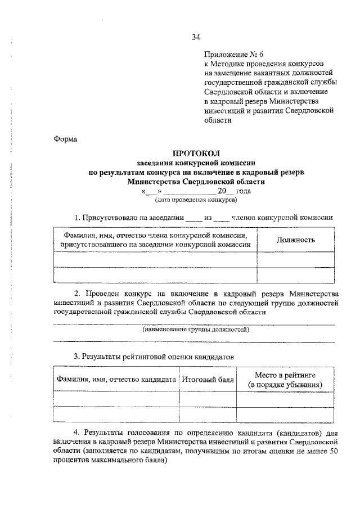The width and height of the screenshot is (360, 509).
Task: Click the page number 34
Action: click(196, 38)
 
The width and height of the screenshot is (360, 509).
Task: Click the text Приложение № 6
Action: click(233, 55)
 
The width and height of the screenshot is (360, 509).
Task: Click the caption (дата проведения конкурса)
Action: click(196, 199)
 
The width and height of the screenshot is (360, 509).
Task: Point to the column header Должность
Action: click(295, 240)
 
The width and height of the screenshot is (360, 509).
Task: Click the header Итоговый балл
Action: click(207, 380)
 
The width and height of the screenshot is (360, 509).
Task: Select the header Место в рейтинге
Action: click(286, 375)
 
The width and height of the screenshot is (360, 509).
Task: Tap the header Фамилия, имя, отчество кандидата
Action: click(116, 380)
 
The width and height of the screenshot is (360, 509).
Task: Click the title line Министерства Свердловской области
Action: click(196, 182)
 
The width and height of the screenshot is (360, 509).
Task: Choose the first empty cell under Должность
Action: click(295, 259)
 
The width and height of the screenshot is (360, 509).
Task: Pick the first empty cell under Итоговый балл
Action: click(207, 399)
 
